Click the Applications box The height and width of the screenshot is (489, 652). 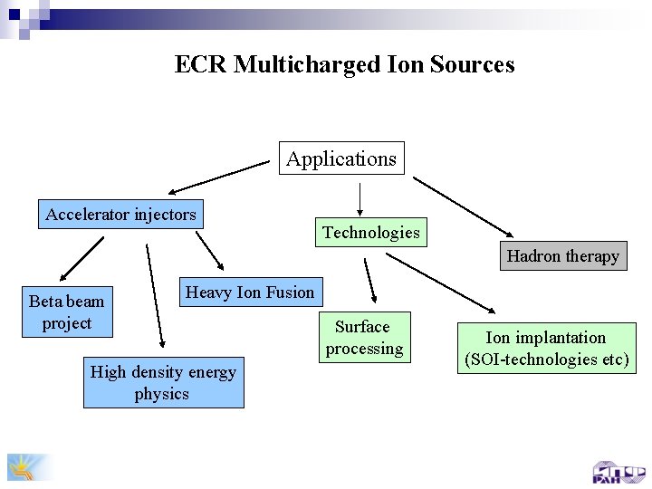341,158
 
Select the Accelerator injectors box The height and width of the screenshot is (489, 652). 120,215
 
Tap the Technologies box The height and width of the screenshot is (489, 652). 371,233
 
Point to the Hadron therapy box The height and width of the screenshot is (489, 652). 562,256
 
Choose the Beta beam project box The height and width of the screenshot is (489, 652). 66,312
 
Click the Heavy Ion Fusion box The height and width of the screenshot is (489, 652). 249,292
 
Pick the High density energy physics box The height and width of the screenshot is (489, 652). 163,382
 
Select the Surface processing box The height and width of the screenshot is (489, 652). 363,338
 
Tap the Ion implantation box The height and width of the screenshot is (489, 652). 546,349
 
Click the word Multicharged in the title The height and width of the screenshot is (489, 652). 301,65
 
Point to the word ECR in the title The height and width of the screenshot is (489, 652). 201,65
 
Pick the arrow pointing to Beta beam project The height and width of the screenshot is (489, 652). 81,258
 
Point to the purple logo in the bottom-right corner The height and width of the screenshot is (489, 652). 619,472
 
